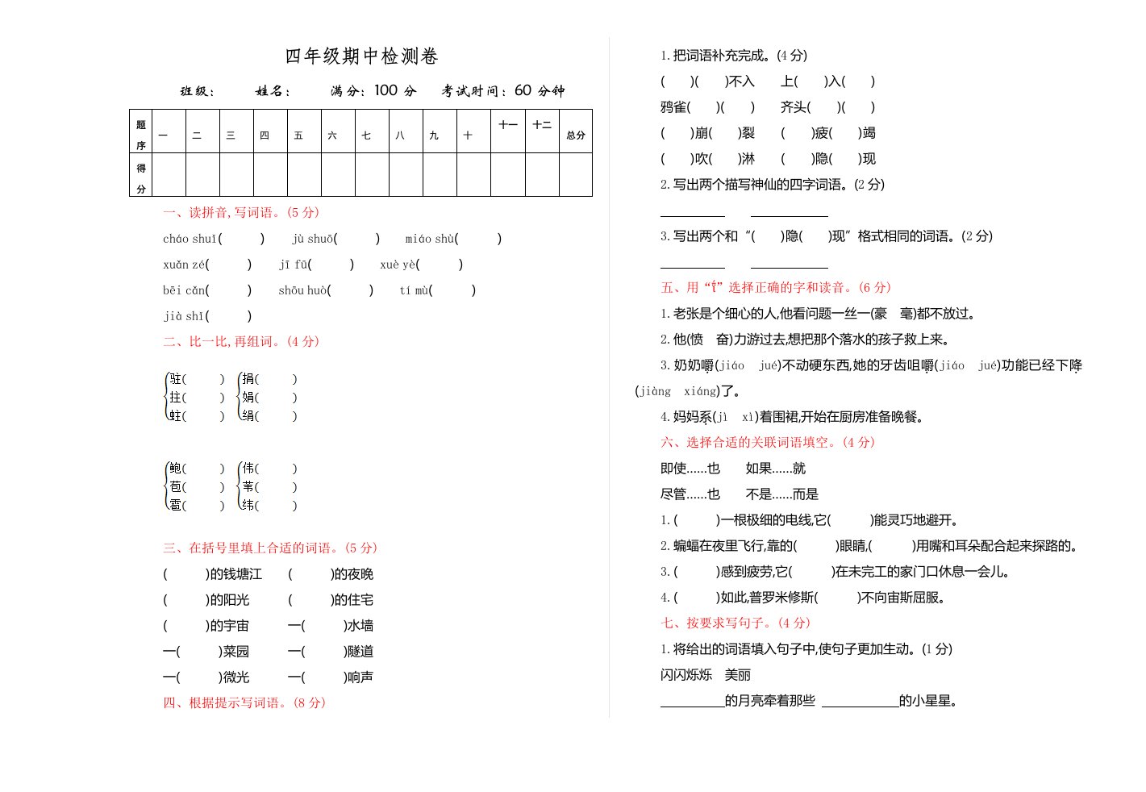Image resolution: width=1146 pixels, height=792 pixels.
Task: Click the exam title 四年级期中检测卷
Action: (361, 56)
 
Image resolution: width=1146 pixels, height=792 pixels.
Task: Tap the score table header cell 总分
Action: (575, 135)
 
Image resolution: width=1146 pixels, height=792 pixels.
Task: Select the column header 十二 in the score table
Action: (541, 125)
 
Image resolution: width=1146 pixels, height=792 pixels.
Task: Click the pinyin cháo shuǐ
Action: (190, 239)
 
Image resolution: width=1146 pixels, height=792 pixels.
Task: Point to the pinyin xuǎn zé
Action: (184, 265)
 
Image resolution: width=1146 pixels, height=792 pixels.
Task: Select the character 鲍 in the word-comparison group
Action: (176, 469)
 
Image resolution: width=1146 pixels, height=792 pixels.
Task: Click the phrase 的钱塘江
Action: (235, 574)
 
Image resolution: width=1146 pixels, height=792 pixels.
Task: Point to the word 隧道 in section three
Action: (360, 652)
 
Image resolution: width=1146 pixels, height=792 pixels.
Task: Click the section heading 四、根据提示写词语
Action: (244, 703)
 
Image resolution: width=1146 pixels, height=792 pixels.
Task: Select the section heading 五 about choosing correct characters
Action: (776, 288)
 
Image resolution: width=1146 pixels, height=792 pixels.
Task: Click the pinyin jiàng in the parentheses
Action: (655, 391)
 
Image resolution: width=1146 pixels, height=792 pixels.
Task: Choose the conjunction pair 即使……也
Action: (690, 469)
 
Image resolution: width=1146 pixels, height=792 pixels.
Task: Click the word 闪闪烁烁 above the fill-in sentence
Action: (686, 675)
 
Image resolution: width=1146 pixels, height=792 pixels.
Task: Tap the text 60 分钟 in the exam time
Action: (540, 90)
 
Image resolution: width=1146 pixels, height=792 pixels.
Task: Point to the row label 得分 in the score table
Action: (141, 177)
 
